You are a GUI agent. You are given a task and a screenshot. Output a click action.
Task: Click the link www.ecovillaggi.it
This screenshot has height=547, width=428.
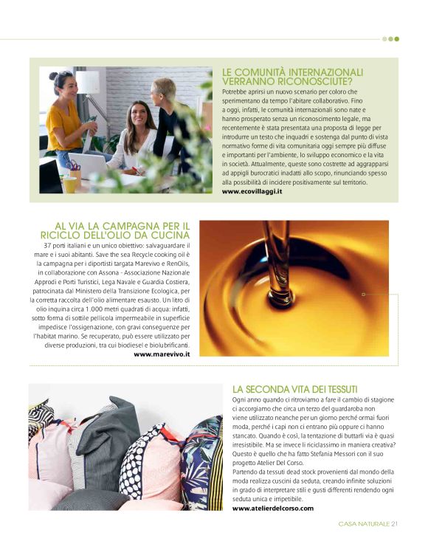pos(252,191)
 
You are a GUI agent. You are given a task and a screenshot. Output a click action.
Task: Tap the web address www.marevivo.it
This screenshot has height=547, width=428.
pos(162,354)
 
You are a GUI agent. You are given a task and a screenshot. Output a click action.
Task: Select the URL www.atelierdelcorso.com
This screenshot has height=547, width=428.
pos(272,508)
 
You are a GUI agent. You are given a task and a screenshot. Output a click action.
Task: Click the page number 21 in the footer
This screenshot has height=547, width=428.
pos(395,525)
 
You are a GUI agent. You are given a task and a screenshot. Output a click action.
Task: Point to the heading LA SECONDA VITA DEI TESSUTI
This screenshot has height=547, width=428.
pos(294,389)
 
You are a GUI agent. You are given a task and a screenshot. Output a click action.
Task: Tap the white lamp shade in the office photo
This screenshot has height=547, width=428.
pos(88,82)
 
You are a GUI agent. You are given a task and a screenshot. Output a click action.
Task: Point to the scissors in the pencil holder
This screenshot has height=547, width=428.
pos(74,165)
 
